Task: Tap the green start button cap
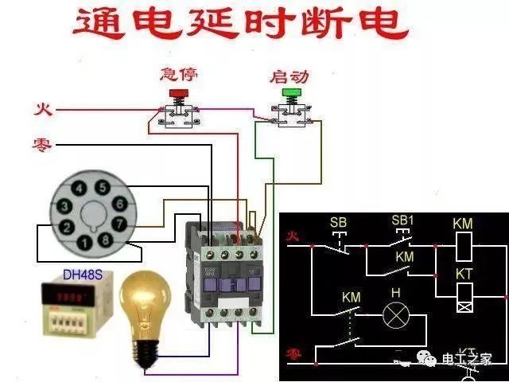[x=290, y=95]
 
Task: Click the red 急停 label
[x=178, y=75]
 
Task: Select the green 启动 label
[x=289, y=76]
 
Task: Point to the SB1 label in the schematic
[x=403, y=220]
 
